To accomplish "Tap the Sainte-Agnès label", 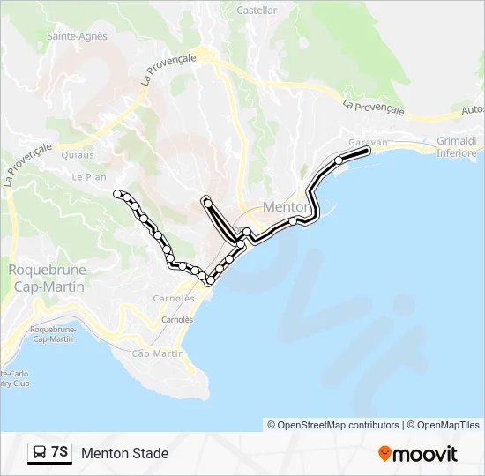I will [77, 36].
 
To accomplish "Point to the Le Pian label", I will [89, 176].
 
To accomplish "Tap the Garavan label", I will [368, 142].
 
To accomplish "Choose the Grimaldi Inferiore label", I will [457, 146].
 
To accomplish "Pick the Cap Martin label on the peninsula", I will [158, 353].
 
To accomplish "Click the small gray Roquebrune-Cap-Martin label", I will [52, 334].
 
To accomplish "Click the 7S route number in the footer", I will [60, 453].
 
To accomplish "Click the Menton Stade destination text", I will [124, 454].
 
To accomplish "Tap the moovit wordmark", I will [425, 454].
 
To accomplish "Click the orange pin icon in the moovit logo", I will [384, 454].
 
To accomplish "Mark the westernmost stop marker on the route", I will [117, 193].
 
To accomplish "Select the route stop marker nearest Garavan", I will [339, 160].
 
